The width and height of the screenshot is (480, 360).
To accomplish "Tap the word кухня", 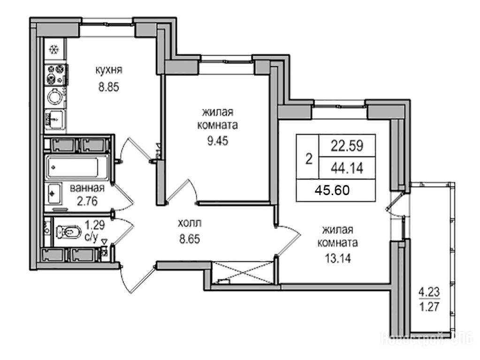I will (109, 71).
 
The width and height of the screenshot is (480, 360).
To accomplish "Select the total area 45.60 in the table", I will (332, 191).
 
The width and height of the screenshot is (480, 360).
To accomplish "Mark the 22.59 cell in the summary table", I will (347, 145).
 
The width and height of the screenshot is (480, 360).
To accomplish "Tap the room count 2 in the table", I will (308, 159).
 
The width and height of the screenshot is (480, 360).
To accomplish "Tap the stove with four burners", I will (55, 73).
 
